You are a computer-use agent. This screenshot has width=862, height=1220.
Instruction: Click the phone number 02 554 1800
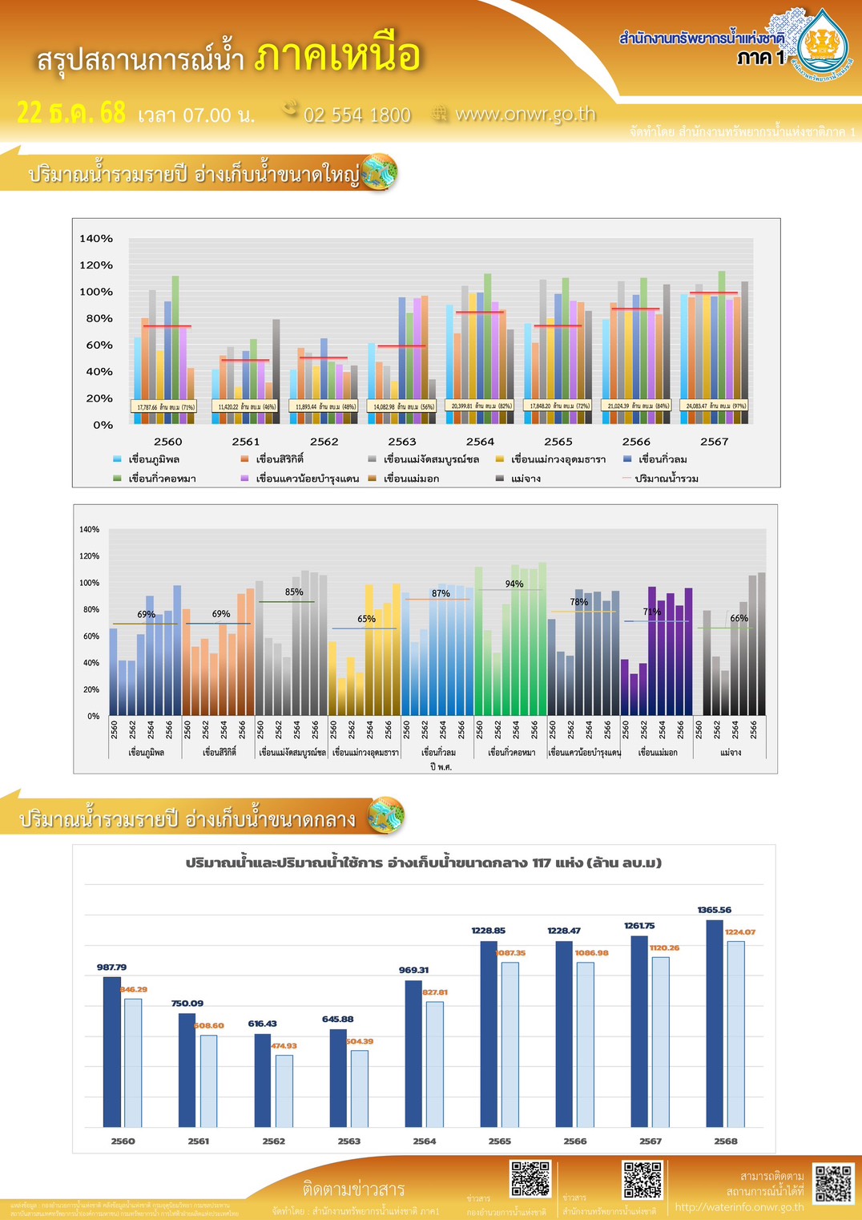pyautogui.click(x=356, y=115)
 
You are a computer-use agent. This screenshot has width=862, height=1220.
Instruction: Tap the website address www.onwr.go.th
pyautogui.click(x=525, y=114)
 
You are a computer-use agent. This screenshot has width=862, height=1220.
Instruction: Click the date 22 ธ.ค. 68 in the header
pyautogui.click(x=71, y=113)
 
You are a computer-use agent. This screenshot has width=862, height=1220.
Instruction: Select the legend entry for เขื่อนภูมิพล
pyautogui.click(x=153, y=459)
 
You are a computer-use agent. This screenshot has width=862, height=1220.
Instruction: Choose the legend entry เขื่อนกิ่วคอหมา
pyautogui.click(x=162, y=479)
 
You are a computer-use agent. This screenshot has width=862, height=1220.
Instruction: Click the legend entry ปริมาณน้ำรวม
pyautogui.click(x=666, y=479)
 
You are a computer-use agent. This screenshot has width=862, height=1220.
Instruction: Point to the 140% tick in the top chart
pyautogui.click(x=96, y=239)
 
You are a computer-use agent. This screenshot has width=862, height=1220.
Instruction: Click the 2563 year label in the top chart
pyautogui.click(x=402, y=442)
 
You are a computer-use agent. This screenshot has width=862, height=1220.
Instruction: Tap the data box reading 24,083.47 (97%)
pyautogui.click(x=715, y=406)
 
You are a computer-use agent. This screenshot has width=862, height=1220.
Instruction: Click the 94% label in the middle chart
pyautogui.click(x=514, y=584)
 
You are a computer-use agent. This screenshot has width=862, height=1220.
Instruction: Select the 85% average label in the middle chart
pyautogui.click(x=294, y=592)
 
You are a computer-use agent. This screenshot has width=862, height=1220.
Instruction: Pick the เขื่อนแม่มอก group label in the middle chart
pyautogui.click(x=658, y=753)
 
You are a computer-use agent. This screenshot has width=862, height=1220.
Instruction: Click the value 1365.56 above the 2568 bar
pyautogui.click(x=714, y=910)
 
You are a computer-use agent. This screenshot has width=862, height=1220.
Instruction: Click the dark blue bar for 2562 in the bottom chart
pyautogui.click(x=263, y=1081)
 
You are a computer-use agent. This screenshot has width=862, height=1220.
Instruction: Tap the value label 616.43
pyautogui.click(x=262, y=1024)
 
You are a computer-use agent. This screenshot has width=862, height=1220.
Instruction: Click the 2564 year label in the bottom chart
pyautogui.click(x=425, y=1141)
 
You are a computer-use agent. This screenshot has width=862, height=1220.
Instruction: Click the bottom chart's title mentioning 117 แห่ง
pyautogui.click(x=424, y=863)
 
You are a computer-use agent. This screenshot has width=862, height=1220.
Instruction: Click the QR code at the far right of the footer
pyautogui.click(x=834, y=1183)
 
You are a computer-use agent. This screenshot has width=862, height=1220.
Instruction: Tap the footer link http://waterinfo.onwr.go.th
pyautogui.click(x=739, y=1207)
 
